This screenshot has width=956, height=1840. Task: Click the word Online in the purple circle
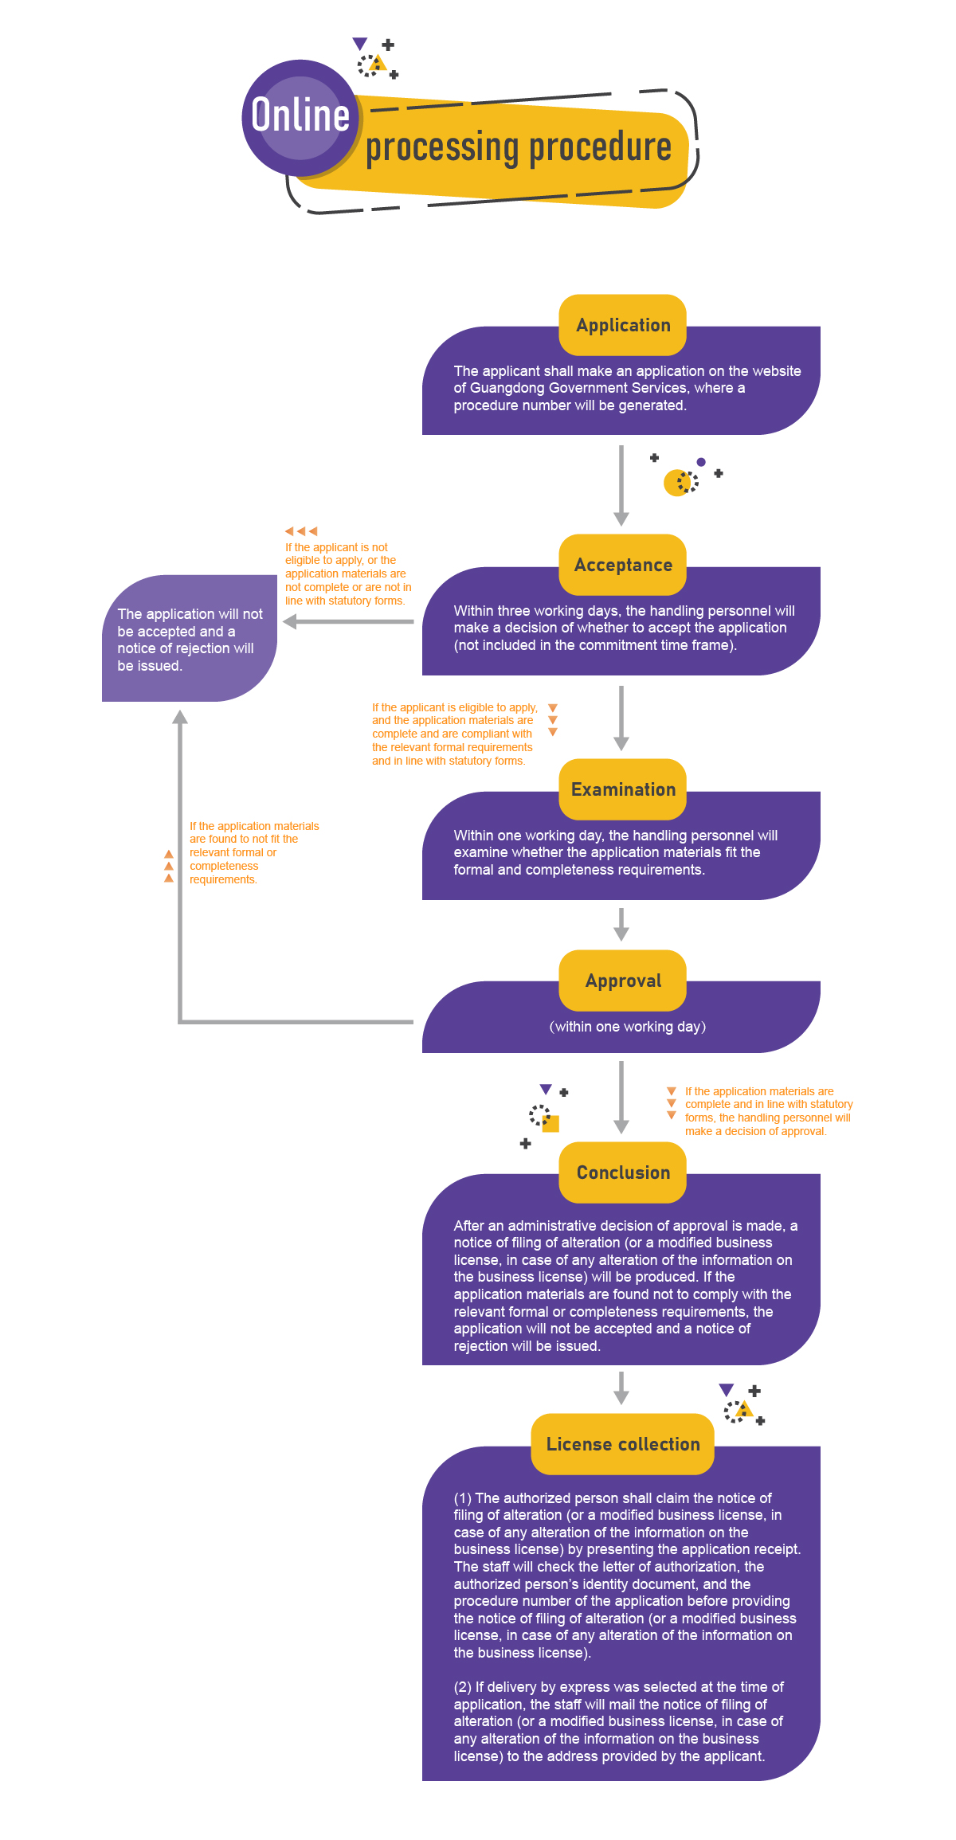pos(300,115)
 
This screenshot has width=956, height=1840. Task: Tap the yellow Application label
pos(623,325)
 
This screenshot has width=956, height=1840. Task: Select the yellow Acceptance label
pos(623,565)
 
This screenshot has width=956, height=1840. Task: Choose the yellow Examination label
pos(623,789)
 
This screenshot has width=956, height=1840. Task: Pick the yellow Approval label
pos(623,981)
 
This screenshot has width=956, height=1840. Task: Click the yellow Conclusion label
pos(623,1173)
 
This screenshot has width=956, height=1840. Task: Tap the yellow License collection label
pos(623,1444)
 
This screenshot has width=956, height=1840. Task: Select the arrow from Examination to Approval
pos(621,925)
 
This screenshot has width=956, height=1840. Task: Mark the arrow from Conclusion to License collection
pos(621,1388)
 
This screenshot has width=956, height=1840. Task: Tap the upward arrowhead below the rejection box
pos(181,717)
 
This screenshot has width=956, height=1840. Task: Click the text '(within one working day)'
pos(628,1027)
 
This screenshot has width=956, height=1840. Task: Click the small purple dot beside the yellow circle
pos(701,462)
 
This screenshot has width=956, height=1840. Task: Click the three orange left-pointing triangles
pos(301,530)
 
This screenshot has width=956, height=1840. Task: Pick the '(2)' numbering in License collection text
pos(463,1687)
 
